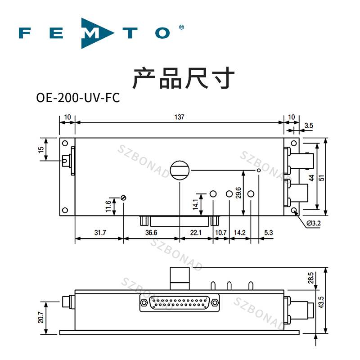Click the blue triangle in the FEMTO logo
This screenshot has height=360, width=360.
(92, 33)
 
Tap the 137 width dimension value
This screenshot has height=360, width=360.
(179, 117)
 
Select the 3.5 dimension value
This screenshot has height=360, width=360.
(309, 126)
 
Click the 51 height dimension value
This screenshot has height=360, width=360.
(321, 177)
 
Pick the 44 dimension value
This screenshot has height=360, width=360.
(311, 177)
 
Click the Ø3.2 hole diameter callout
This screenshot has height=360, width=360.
(313, 223)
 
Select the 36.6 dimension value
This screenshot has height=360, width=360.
(151, 233)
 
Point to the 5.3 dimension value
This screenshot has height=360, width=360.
(269, 233)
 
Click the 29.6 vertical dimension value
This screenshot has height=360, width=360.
(238, 192)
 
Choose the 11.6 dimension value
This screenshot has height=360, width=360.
(108, 207)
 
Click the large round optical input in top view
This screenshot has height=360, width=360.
(180, 170)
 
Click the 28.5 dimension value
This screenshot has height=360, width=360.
(311, 278)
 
